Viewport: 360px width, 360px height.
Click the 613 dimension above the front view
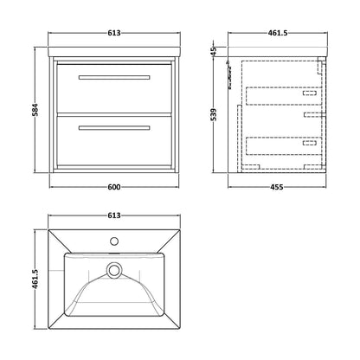[x=114, y=33]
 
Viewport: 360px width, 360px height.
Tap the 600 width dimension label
[x=114, y=187]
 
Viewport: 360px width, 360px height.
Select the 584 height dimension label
[x=35, y=109]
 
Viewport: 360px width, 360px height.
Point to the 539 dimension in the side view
[x=214, y=114]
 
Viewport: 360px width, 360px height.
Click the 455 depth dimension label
[x=276, y=187]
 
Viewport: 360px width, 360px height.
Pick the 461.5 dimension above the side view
[x=278, y=33]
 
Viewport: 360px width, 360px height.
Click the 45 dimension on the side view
[x=214, y=51]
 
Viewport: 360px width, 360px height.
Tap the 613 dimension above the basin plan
[x=114, y=215]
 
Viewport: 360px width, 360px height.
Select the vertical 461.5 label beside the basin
[x=35, y=279]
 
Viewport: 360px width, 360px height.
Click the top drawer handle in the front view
[x=114, y=77]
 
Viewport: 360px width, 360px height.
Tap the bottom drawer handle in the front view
[x=114, y=128]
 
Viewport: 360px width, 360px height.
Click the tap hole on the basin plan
[x=114, y=241]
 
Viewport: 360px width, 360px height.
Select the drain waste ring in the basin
[x=114, y=270]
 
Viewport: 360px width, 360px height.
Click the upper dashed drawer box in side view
[x=284, y=96]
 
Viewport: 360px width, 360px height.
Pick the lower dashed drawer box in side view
[x=284, y=146]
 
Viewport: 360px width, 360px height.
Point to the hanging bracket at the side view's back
[x=230, y=74]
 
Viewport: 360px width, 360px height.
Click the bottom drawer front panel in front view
[x=114, y=140]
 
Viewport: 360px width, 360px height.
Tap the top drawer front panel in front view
[x=114, y=88]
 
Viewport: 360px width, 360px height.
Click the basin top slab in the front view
[x=114, y=52]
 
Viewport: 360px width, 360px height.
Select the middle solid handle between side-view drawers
[x=315, y=115]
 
